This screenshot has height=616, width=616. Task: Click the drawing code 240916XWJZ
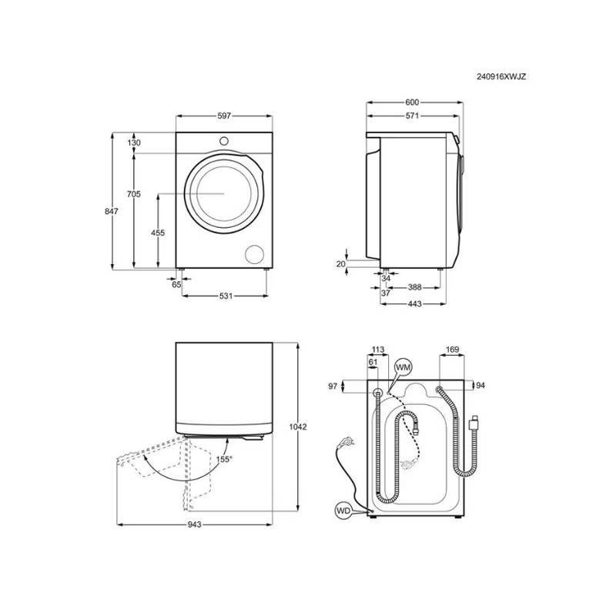(501, 76)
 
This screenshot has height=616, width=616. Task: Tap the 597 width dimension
(224, 116)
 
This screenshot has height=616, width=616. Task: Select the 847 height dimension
(111, 211)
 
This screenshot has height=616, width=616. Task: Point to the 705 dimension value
(133, 194)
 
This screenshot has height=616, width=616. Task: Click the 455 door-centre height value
(158, 233)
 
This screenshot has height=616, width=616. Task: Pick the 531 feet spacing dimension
(226, 296)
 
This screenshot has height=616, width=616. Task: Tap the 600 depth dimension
(412, 102)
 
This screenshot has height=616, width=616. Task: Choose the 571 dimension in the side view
(412, 115)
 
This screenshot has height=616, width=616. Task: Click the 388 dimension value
(414, 287)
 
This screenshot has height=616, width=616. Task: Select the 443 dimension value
(414, 303)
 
